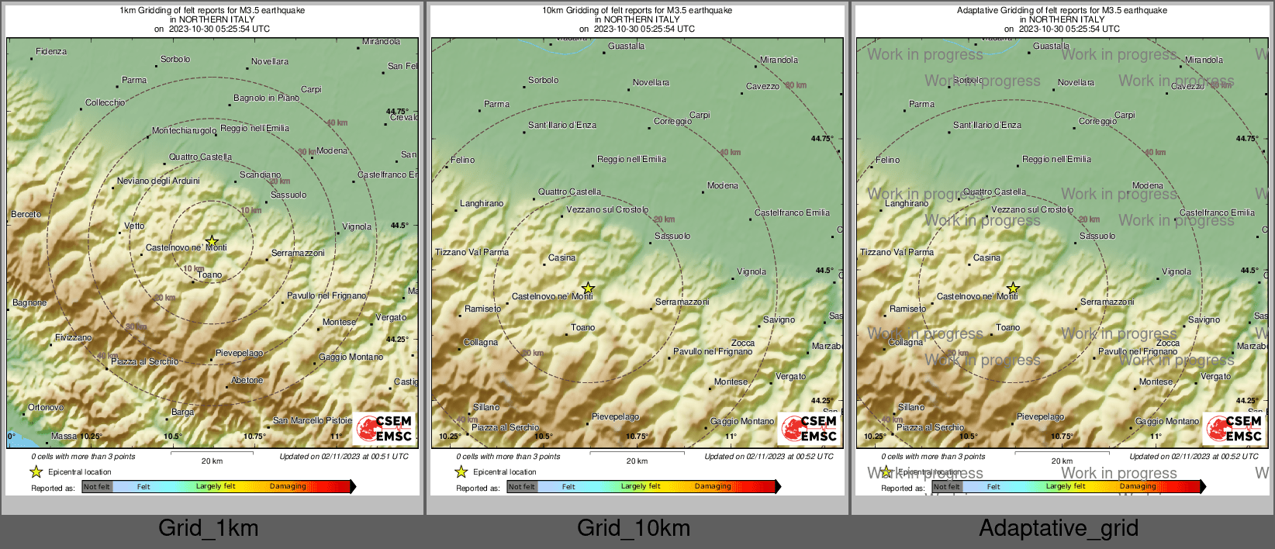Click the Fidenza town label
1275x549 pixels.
click(x=51, y=52)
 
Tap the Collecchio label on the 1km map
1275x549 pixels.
click(x=105, y=103)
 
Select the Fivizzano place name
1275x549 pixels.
click(x=73, y=338)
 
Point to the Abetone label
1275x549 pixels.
click(x=247, y=381)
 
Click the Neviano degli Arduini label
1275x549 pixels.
click(x=158, y=181)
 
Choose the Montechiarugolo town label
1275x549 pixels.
click(x=184, y=131)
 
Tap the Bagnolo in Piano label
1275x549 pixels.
click(x=266, y=98)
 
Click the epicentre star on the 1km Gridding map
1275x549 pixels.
click(x=212, y=241)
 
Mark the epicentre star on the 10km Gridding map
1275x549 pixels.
click(x=588, y=288)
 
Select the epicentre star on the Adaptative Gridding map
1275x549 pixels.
click(x=1013, y=288)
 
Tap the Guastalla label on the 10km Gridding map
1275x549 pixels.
click(x=626, y=47)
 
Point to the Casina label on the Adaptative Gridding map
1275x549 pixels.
click(x=986, y=258)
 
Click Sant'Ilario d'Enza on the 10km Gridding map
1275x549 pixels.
click(x=562, y=125)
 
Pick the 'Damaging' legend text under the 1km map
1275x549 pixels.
click(x=288, y=487)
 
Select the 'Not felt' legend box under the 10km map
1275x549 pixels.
click(x=522, y=487)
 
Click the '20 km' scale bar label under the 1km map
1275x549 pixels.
click(x=212, y=461)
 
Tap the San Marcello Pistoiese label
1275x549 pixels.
click(x=312, y=421)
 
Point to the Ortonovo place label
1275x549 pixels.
click(x=46, y=408)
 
